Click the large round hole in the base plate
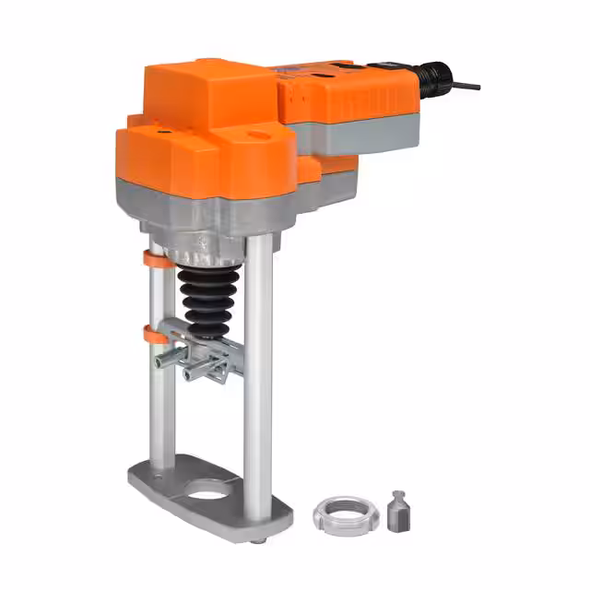tap(211, 488)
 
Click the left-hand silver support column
tap(161, 396)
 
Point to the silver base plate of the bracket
tap(175, 484)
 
